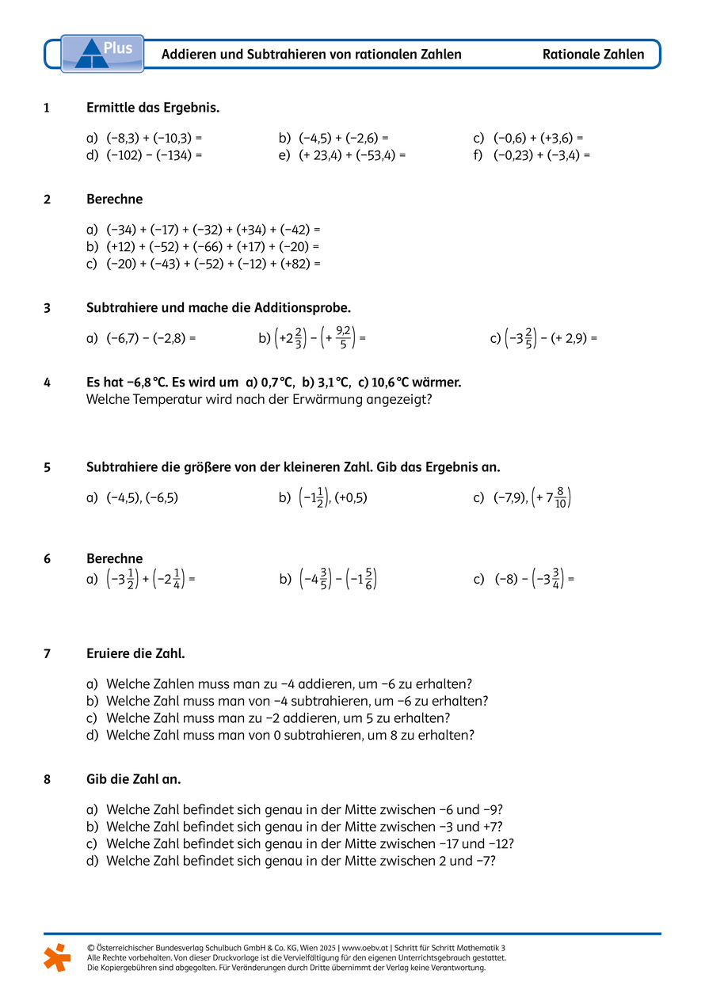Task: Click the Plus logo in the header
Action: (102, 53)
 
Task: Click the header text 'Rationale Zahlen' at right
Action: (593, 55)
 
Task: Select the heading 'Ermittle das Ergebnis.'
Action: (153, 108)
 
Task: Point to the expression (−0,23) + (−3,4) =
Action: (542, 155)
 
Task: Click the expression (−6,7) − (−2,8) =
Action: (151, 339)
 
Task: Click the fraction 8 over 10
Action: (560, 498)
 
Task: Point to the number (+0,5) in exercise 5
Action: (350, 498)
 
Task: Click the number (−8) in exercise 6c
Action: (507, 580)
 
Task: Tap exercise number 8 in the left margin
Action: (48, 779)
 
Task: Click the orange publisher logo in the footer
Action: (57, 957)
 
